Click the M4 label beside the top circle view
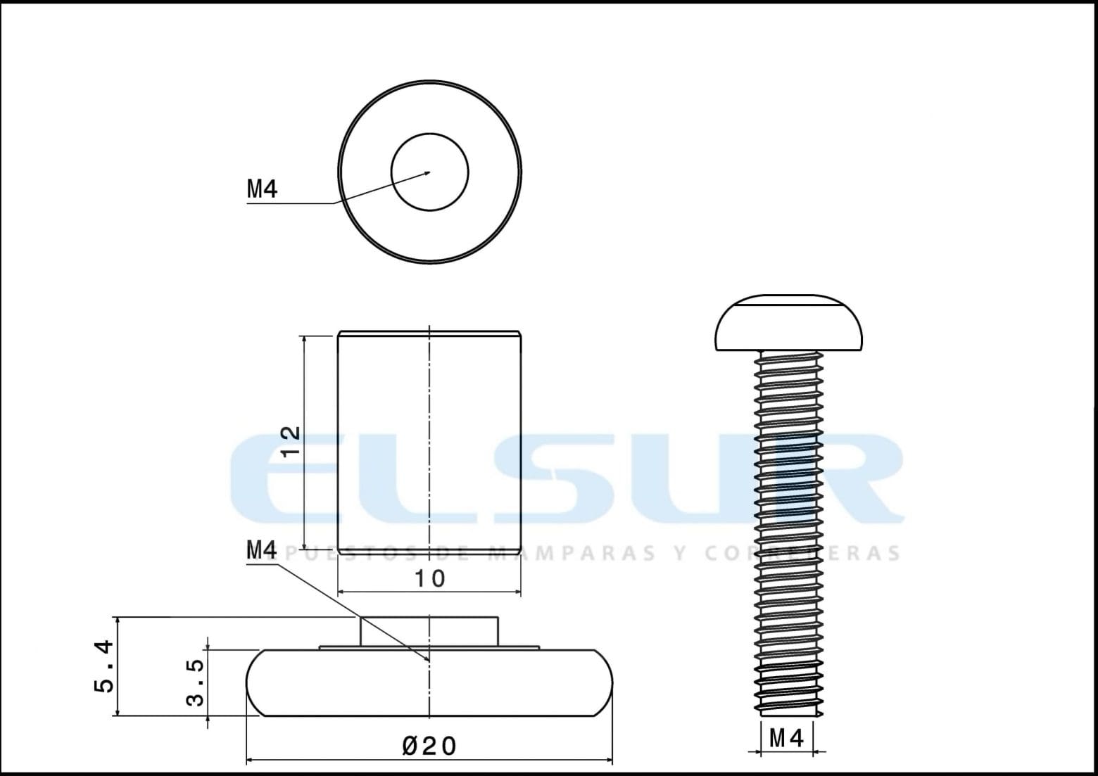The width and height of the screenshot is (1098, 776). pos(262,189)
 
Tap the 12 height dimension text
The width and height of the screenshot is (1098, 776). pos(290,442)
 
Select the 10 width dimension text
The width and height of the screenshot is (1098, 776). pos(429,578)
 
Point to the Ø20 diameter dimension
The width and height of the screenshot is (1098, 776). pos(429,745)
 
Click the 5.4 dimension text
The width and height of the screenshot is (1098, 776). pos(103,666)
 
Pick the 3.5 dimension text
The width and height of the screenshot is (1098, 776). pos(195,682)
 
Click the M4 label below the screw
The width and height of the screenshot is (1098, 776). pos(787,738)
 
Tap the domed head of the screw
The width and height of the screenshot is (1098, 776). pos(788,324)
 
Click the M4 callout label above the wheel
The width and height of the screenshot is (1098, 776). pos(262,550)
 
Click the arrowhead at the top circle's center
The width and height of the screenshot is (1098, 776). pos(427,172)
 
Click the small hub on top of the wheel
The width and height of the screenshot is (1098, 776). pos(429,630)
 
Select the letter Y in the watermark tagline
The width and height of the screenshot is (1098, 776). pos(680,553)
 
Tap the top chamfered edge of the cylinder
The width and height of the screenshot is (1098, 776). pos(429,333)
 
